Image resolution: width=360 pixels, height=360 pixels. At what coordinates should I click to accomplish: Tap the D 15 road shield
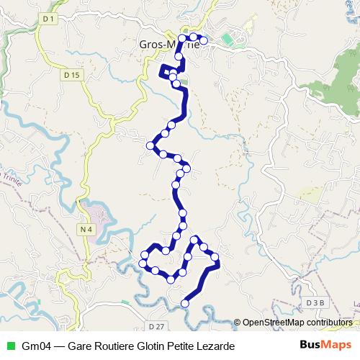click(x=70, y=74)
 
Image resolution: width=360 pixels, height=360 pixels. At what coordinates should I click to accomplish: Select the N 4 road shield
click(x=87, y=229)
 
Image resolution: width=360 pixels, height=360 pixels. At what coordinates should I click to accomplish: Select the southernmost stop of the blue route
click(x=185, y=304)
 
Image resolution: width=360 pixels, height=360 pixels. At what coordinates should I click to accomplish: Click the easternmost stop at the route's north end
click(x=204, y=41)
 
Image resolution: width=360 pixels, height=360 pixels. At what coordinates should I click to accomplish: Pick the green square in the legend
click(x=10, y=346)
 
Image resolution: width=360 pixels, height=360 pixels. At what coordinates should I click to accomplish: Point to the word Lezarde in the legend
click(x=215, y=346)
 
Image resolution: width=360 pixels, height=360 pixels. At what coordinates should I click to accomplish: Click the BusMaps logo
click(x=325, y=346)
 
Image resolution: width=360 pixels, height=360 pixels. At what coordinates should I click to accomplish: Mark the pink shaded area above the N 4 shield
click(x=94, y=213)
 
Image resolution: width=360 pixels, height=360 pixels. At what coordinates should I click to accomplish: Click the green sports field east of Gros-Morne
click(x=230, y=39)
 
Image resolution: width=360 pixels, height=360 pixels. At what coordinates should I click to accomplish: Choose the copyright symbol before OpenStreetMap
click(x=238, y=323)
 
